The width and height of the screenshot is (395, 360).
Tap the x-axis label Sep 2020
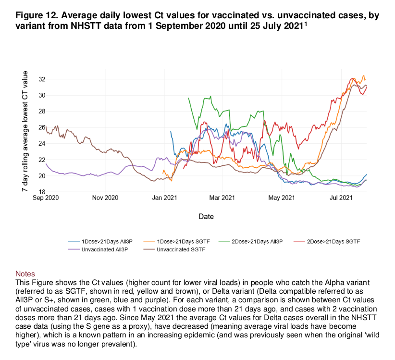click(x=46, y=198)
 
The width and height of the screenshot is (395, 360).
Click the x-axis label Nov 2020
click(x=105, y=198)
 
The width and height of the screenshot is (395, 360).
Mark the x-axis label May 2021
click(x=281, y=198)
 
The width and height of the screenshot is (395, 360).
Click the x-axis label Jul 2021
click(x=341, y=198)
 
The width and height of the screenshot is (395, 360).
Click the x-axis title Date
click(x=206, y=217)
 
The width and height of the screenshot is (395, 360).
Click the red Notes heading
click(x=25, y=273)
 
